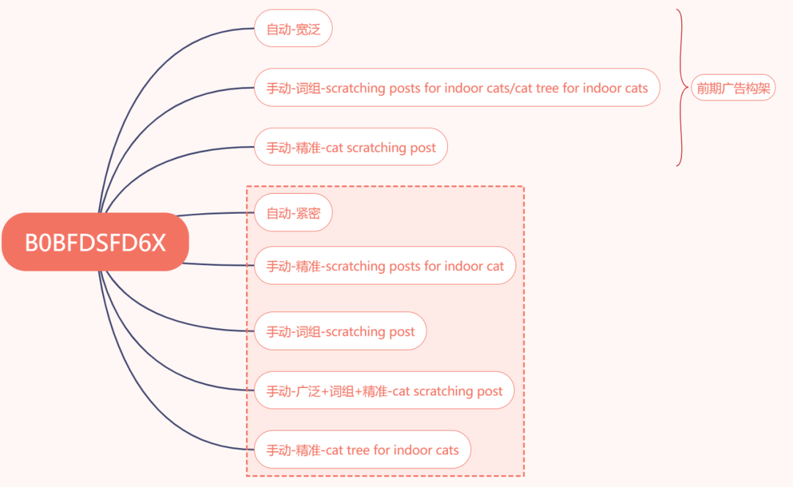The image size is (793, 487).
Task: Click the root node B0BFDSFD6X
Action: pyautogui.click(x=95, y=242)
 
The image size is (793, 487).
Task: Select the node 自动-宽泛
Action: pyautogui.click(x=293, y=29)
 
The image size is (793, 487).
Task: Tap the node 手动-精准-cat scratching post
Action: pyautogui.click(x=350, y=148)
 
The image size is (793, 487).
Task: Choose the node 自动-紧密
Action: pyautogui.click(x=293, y=214)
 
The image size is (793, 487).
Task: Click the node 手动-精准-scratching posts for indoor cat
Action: pyautogui.click(x=385, y=266)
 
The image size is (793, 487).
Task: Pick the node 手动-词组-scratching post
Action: pyautogui.click(x=340, y=332)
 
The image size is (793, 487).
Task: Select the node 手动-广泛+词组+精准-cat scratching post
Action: pyautogui.click(x=384, y=391)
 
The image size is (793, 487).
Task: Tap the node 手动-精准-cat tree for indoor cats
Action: pyautogui.click(x=362, y=450)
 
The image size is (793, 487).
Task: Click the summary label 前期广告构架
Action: pyautogui.click(x=733, y=88)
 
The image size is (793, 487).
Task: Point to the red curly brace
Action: pyautogui.click(x=681, y=88)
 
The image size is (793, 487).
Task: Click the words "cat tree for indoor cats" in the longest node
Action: pyautogui.click(x=582, y=88)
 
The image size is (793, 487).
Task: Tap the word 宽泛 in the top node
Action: pyautogui.click(x=308, y=29)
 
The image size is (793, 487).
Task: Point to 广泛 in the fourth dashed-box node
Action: pyautogui.click(x=307, y=391)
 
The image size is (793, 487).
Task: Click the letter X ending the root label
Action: pyautogui.click(x=158, y=243)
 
